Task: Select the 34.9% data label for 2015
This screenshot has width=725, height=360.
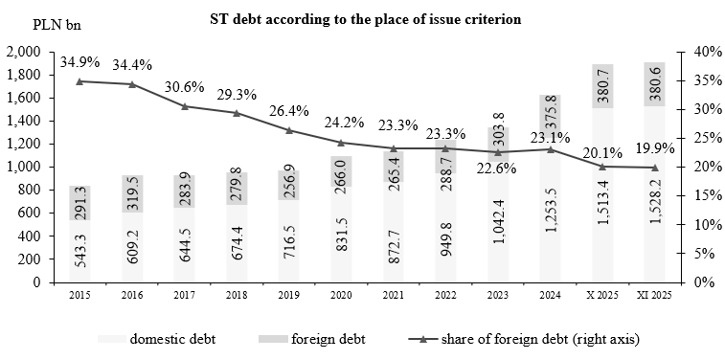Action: click(79, 62)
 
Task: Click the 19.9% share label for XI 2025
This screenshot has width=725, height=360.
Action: click(654, 148)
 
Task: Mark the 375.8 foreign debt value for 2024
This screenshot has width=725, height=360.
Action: click(550, 116)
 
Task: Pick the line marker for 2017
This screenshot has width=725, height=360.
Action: click(184, 105)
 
